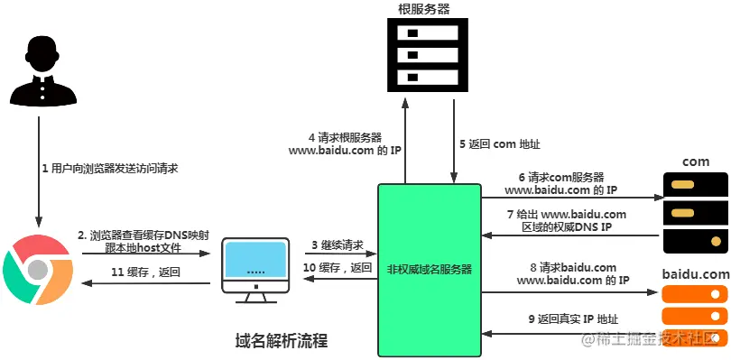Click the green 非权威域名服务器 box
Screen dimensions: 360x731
click(x=430, y=268)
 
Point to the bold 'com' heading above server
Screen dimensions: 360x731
click(x=695, y=162)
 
